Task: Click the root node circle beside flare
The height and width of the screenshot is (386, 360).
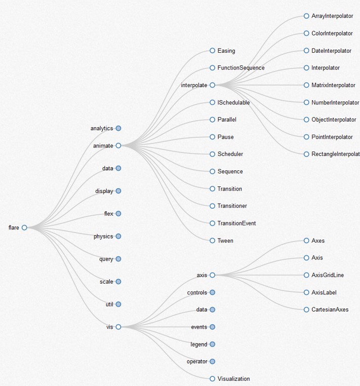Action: (x=24, y=227)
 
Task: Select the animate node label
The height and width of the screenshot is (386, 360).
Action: (x=103, y=146)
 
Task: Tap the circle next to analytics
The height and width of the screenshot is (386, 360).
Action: (x=118, y=128)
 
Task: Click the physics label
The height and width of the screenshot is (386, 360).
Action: (x=103, y=237)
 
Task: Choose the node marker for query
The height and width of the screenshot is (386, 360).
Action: (x=118, y=259)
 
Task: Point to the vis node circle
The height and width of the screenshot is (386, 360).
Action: (x=118, y=327)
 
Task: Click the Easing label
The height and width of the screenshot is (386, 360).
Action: (x=226, y=51)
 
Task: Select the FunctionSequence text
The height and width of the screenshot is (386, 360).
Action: (x=241, y=68)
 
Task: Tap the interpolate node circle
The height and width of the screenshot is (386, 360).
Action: (x=213, y=85)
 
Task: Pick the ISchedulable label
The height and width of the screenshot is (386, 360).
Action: (x=233, y=102)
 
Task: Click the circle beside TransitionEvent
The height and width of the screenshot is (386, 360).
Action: (x=213, y=223)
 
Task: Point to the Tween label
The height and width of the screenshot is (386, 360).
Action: (x=225, y=241)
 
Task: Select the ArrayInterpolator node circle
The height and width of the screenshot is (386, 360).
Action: (x=306, y=16)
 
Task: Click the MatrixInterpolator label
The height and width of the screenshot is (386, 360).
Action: (x=333, y=85)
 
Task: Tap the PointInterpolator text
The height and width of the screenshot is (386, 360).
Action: (x=332, y=137)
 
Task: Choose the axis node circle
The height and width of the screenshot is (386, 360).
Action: (x=213, y=275)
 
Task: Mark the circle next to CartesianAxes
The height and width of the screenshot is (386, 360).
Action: (x=306, y=310)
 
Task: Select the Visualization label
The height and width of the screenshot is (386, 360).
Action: (x=233, y=378)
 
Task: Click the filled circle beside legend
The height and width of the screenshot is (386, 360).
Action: (x=213, y=344)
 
